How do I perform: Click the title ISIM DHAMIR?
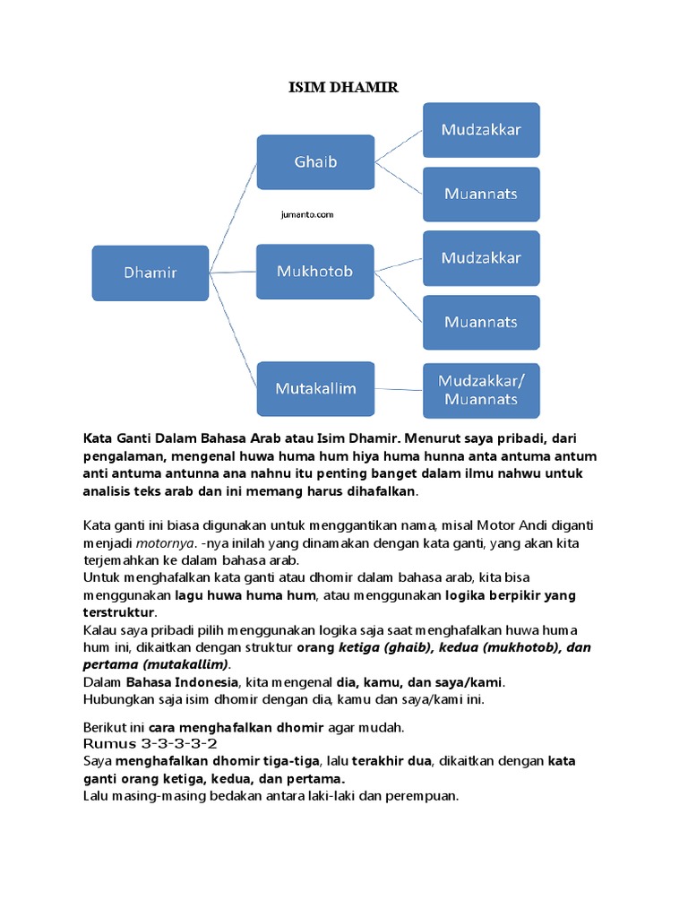tap(343, 87)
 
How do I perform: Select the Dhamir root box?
tap(150, 273)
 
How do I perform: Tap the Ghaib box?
tap(315, 162)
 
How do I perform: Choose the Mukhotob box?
tap(315, 272)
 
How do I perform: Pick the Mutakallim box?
tap(315, 388)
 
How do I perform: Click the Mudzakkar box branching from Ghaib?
tap(481, 129)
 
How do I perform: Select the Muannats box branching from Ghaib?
tap(481, 194)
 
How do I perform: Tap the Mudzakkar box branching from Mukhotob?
tap(481, 258)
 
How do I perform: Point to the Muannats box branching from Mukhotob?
tap(481, 323)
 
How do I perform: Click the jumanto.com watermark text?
tap(306, 215)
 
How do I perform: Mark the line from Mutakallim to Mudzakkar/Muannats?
tap(399, 390)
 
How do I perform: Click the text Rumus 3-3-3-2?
tap(150, 744)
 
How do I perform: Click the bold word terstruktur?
tap(119, 612)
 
